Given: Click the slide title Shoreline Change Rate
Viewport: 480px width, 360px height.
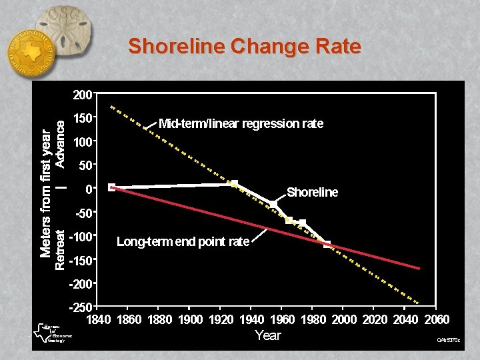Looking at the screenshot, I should tap(244, 46).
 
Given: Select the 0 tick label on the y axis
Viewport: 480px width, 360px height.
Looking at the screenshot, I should tap(88, 189).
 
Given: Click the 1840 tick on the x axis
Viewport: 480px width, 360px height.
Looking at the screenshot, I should tap(101, 319).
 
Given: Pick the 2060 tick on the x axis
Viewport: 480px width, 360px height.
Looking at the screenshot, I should tap(436, 319).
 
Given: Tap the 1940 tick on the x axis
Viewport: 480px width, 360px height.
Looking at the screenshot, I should tap(251, 319).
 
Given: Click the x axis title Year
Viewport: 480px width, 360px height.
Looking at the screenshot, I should tap(268, 335).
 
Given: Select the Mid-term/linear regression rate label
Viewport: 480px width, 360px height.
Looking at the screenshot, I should tap(241, 123).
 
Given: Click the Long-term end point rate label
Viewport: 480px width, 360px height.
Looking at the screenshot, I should tap(183, 241).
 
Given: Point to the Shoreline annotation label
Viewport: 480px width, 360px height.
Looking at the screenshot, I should tap(312, 193).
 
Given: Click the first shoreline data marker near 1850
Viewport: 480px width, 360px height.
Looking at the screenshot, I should tap(111, 187).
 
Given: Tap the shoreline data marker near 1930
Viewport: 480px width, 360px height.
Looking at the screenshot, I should tap(235, 183).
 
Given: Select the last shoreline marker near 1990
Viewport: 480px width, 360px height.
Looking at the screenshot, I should tap(327, 245).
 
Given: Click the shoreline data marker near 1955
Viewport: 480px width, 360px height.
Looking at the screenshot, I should tap(273, 203).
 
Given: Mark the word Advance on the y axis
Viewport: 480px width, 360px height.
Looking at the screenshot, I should tap(60, 143).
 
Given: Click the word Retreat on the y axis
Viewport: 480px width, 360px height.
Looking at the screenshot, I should tap(60, 250).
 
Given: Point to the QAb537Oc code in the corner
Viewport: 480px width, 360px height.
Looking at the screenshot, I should tap(448, 341).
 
